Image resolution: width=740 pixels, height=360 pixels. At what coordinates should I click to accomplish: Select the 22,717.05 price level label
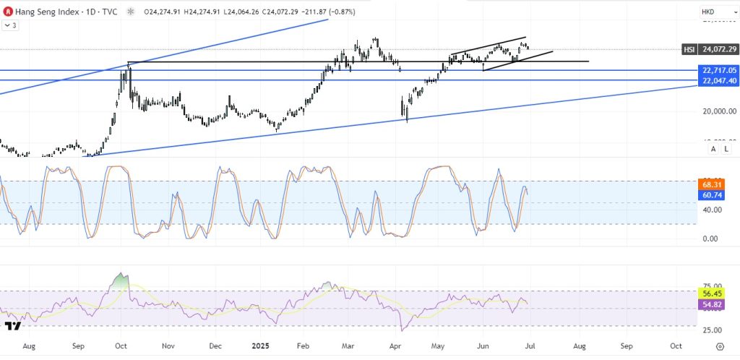(718, 70)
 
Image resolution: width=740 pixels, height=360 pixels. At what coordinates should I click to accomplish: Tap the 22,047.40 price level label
(718, 81)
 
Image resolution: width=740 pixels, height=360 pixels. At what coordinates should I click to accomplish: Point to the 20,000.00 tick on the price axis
(718, 111)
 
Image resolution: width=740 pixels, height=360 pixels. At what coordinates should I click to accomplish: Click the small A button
(713, 149)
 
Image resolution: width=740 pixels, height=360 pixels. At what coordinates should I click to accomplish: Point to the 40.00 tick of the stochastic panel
(713, 210)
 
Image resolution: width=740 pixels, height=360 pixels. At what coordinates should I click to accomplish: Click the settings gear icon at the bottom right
(720, 346)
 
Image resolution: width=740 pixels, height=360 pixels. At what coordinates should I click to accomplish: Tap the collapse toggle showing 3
(11, 25)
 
